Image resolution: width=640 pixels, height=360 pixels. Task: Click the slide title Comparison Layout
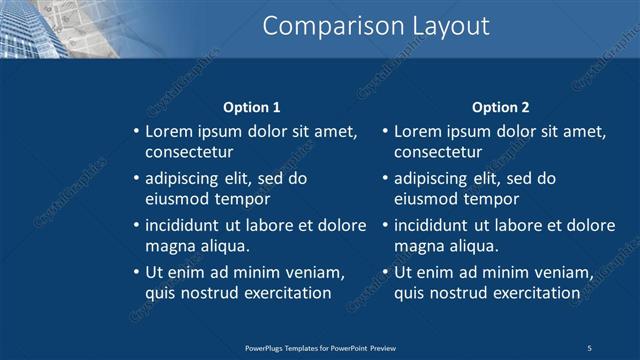376,26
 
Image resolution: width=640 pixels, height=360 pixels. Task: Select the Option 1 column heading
251,107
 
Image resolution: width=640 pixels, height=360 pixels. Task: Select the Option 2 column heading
501,107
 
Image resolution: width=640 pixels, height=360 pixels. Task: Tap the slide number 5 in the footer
589,347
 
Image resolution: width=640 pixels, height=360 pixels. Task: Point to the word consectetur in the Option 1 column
189,153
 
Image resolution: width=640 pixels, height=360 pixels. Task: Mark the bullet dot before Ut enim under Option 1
136,272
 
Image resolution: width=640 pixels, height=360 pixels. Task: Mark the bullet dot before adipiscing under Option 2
385,179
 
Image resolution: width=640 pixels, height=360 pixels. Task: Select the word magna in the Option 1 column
168,246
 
